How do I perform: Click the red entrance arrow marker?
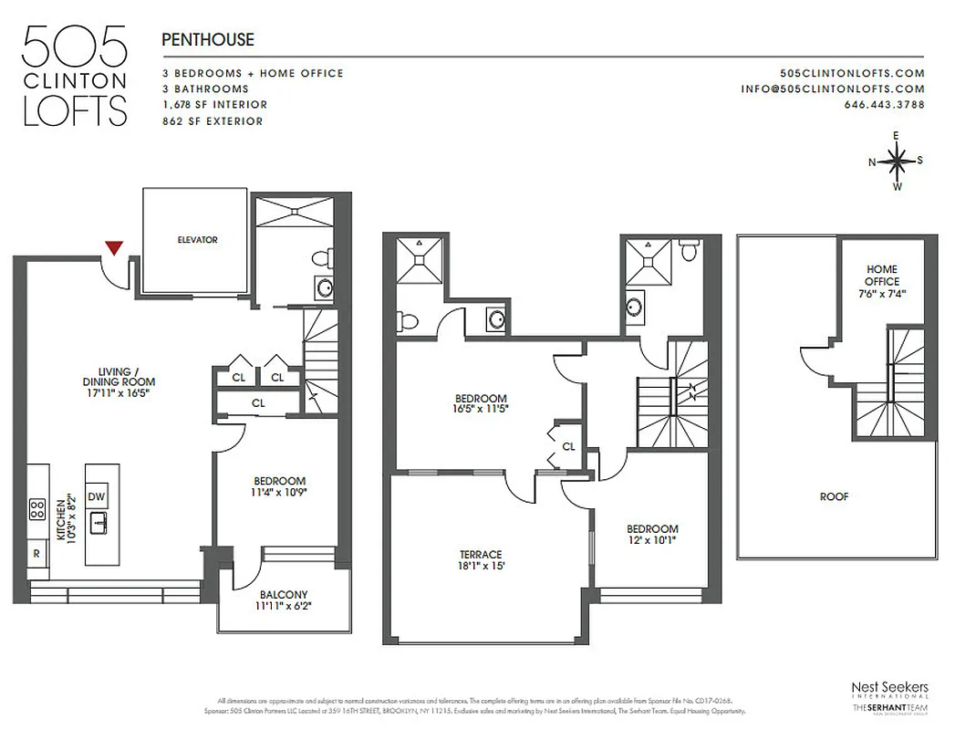coord(114,246)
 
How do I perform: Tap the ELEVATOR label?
coord(197,240)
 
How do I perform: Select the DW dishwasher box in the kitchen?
coord(97,495)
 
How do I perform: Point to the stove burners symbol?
coord(37,508)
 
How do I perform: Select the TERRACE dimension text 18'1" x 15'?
coord(481,566)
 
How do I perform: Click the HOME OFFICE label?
coord(881,276)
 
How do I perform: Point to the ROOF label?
coord(834,497)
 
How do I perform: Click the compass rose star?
coord(897,162)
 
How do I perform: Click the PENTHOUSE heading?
coord(207,40)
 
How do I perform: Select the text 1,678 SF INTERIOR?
coord(214,105)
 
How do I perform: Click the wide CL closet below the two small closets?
coord(258,402)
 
